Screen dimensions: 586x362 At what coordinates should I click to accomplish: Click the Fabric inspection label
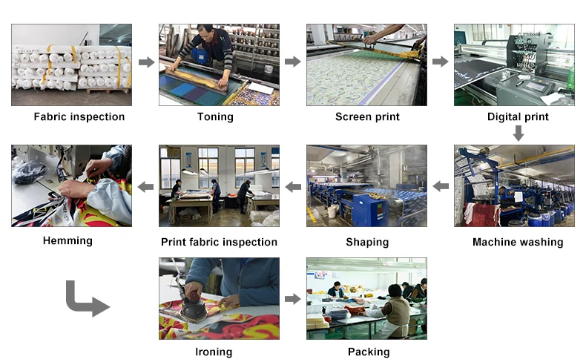point(79,116)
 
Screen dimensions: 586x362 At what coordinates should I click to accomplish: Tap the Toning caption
point(215,116)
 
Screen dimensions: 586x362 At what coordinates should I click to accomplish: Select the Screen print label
point(367,116)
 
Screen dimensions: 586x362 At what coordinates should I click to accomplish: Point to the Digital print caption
point(518,116)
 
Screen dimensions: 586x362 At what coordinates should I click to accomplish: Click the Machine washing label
point(518,242)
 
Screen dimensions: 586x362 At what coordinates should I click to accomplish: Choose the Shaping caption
point(367,242)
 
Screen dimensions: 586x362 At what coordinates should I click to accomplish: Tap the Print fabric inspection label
point(219,242)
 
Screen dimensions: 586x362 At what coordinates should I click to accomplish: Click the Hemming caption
point(68,240)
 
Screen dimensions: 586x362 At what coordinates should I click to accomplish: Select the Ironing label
point(214,352)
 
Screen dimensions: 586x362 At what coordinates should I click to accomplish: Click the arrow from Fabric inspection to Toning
point(146,62)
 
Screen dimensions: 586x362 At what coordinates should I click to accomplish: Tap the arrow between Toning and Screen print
point(293,62)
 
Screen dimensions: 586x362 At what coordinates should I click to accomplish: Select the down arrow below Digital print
point(518,134)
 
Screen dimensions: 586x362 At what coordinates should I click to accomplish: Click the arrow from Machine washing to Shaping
point(441,185)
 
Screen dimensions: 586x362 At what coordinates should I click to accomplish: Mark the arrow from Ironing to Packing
point(293,299)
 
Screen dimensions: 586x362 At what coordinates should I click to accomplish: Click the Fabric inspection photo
point(71,65)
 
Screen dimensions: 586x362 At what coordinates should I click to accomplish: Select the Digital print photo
point(514,65)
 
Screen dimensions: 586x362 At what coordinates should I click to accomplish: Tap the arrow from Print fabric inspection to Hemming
point(146,185)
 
